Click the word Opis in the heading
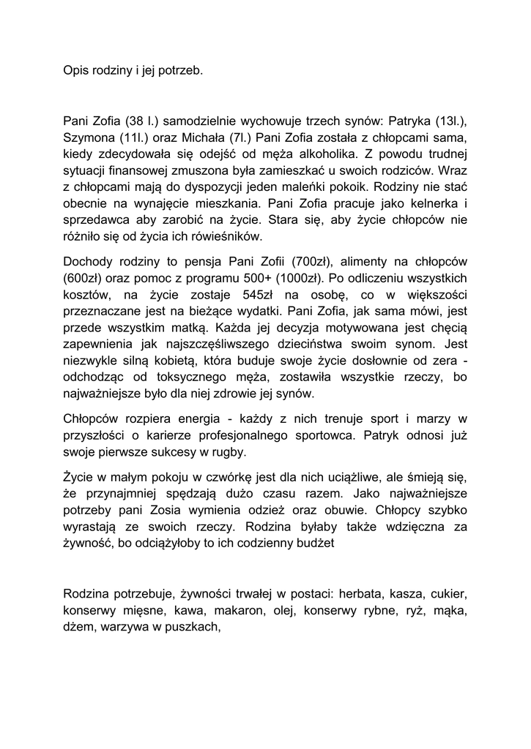(75, 72)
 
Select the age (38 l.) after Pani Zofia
(143, 121)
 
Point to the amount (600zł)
(83, 278)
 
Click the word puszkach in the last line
(193, 625)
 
